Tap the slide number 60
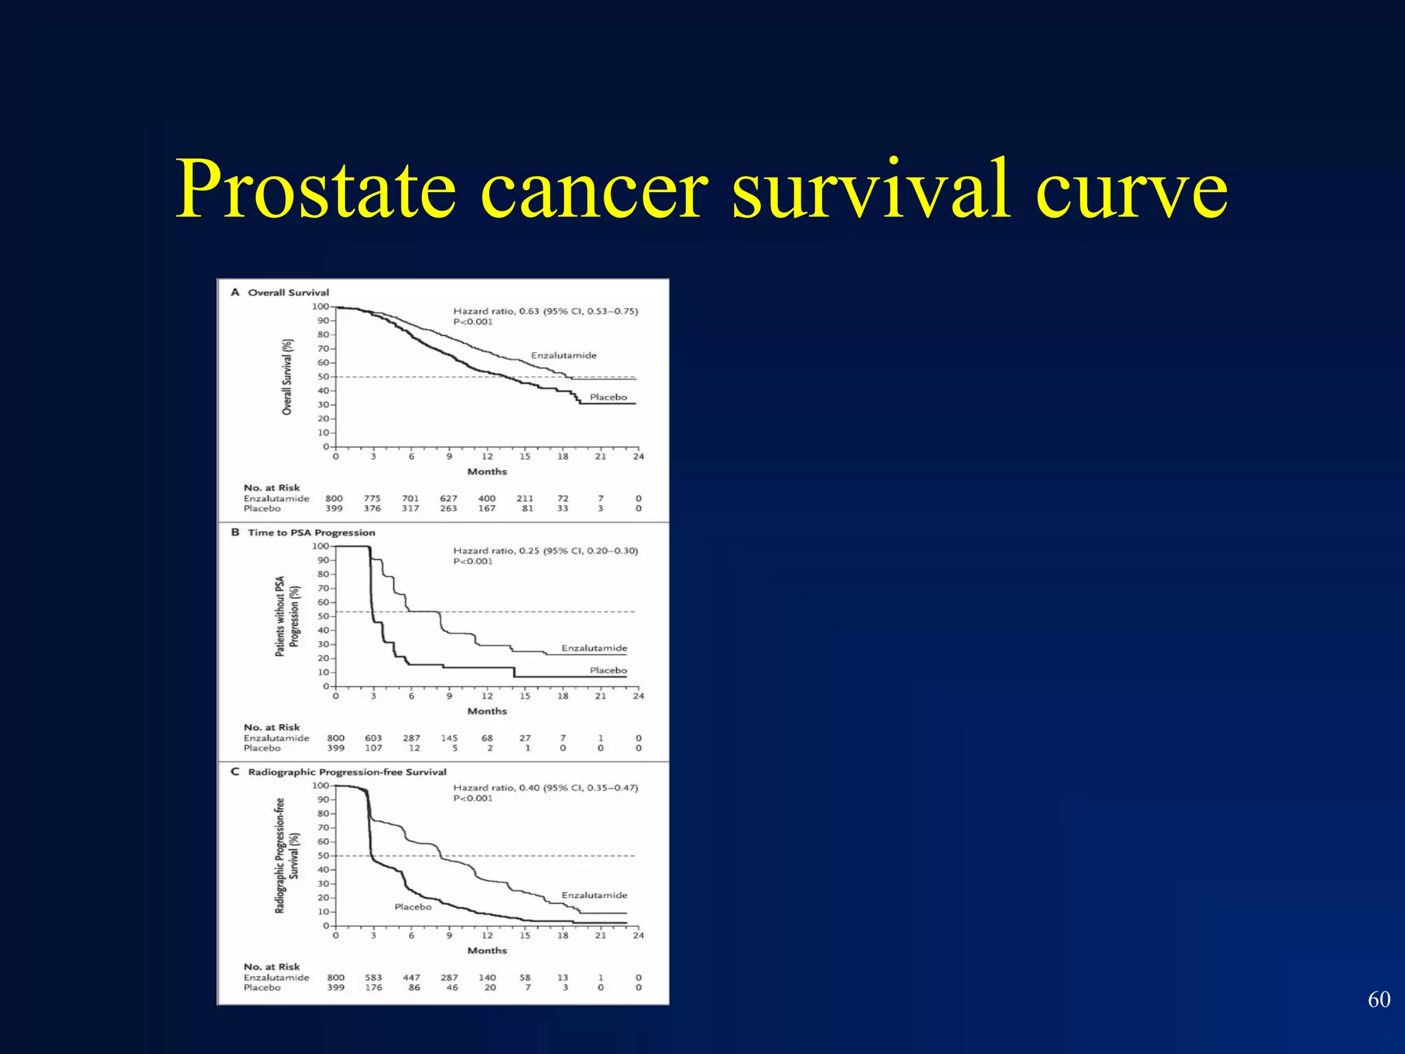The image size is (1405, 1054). pyautogui.click(x=1379, y=1000)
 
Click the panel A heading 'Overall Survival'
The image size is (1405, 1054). pyautogui.click(x=288, y=292)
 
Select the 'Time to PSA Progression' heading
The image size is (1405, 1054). pyautogui.click(x=311, y=532)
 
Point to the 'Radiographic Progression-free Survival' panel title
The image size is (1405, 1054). pyautogui.click(x=346, y=772)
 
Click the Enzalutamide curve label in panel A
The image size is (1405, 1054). pyautogui.click(x=563, y=355)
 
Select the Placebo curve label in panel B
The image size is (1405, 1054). pyautogui.click(x=608, y=670)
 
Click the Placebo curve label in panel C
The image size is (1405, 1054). pyautogui.click(x=413, y=907)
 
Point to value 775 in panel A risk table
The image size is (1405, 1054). pyautogui.click(x=373, y=499)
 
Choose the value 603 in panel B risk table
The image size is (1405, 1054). pyautogui.click(x=373, y=738)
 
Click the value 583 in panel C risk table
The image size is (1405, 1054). pyautogui.click(x=373, y=978)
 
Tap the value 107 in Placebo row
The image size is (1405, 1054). pyautogui.click(x=373, y=748)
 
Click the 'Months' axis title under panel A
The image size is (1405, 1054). pyautogui.click(x=487, y=471)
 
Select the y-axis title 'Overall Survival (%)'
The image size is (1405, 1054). pyautogui.click(x=287, y=377)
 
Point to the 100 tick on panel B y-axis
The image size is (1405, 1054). pyautogui.click(x=320, y=546)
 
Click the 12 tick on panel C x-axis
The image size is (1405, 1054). pyautogui.click(x=487, y=935)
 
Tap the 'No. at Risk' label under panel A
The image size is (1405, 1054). pyautogui.click(x=272, y=488)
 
